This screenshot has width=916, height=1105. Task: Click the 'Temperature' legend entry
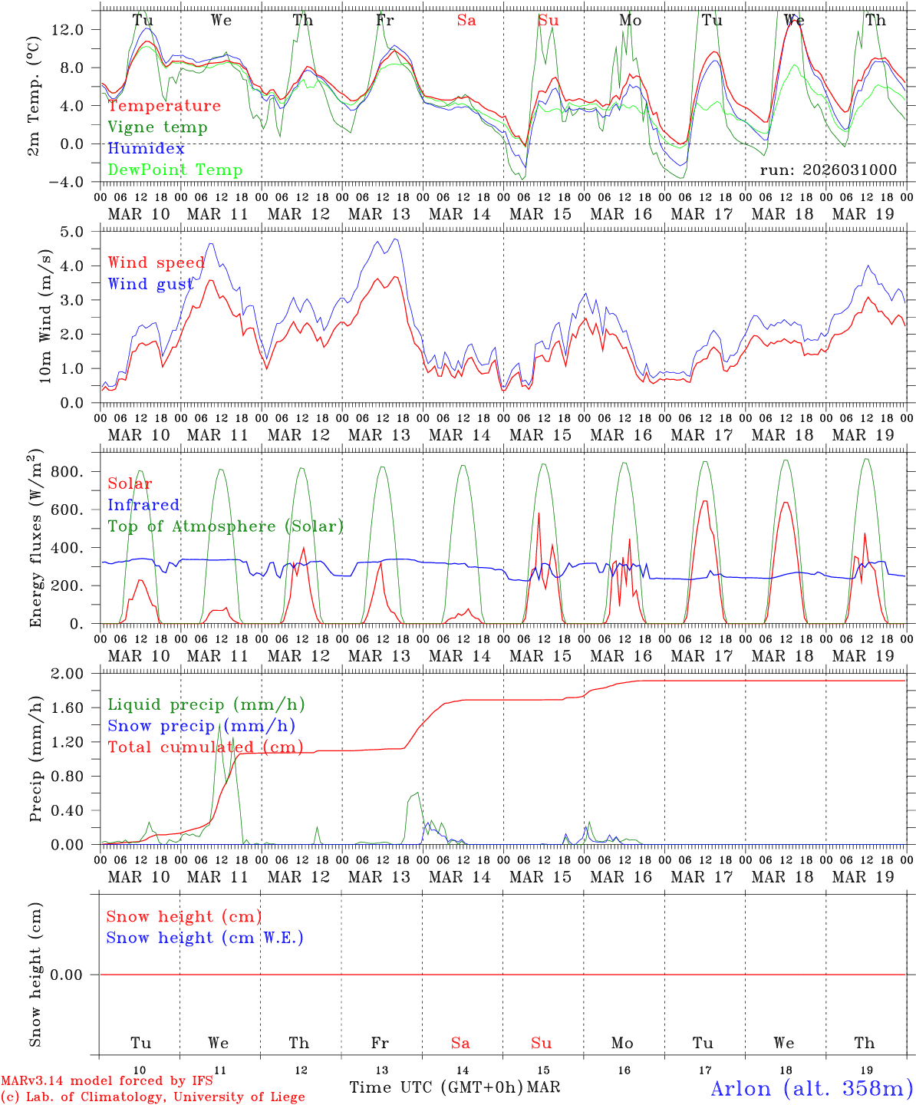click(164, 106)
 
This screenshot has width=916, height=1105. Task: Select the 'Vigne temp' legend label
click(157, 127)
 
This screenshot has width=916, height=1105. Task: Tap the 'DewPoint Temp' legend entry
click(175, 170)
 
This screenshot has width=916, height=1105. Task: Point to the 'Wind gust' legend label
click(150, 284)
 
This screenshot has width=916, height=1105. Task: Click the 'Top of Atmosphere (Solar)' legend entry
click(226, 526)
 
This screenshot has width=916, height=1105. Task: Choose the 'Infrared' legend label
click(143, 505)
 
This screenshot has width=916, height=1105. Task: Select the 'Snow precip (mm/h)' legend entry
click(202, 726)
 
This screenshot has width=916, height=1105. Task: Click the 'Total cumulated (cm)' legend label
click(206, 747)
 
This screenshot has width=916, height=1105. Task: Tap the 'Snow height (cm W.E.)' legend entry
click(205, 938)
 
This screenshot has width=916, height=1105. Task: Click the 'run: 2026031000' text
click(828, 170)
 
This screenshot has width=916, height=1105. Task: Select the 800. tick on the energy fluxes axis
click(68, 471)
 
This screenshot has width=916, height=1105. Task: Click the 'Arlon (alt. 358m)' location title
click(812, 1088)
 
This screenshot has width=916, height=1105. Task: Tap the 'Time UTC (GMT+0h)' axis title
click(437, 1087)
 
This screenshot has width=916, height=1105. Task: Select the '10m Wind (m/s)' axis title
click(44, 316)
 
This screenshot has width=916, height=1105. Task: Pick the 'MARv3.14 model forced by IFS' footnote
click(107, 1080)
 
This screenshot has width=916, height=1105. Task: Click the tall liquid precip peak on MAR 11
click(220, 725)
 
